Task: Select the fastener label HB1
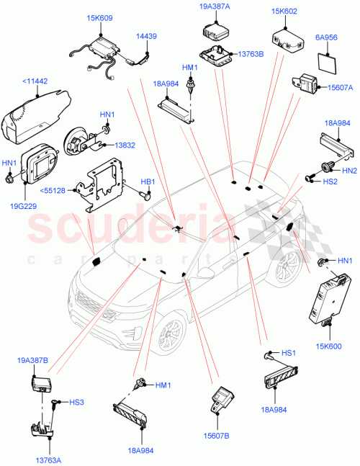click(x=148, y=182)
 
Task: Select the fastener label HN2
click(x=349, y=171)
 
